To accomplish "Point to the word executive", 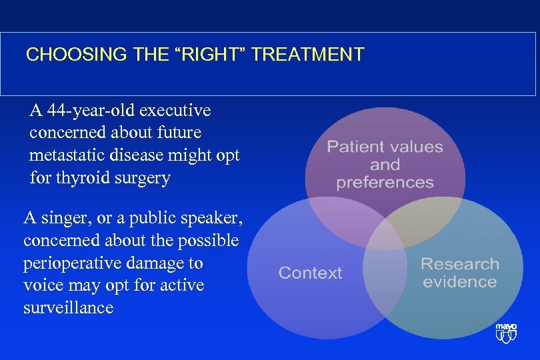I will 179,109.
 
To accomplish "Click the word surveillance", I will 68,307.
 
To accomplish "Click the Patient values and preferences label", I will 385,164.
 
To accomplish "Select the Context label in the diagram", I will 310,273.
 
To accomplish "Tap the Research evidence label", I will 459,273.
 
